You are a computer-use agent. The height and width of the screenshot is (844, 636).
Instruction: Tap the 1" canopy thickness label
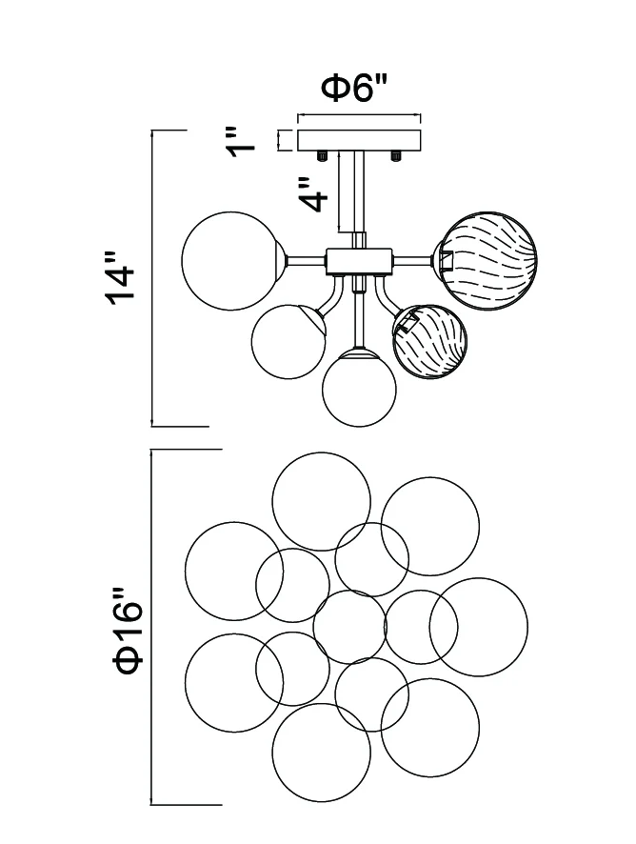coord(241,142)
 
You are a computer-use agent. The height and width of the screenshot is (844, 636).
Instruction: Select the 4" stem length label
coord(312,193)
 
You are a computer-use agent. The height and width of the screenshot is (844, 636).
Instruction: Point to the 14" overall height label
coord(121,278)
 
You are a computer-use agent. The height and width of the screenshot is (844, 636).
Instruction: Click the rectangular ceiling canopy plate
coord(360,140)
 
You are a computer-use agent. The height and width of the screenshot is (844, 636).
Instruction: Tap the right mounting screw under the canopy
coord(397,155)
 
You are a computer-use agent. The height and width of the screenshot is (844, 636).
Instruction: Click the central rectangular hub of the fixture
coord(360,262)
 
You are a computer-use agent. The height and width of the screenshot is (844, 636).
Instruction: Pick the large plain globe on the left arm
coord(230,260)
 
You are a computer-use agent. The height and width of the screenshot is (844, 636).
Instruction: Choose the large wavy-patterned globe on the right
coord(489,260)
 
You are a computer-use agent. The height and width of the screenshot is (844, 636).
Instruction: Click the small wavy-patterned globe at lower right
coord(430,342)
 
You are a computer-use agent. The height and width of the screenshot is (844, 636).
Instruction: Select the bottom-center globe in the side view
coord(360,388)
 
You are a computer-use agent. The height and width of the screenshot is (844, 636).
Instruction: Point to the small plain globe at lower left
coord(288,341)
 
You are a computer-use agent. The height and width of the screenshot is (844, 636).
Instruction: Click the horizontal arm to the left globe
coord(307,262)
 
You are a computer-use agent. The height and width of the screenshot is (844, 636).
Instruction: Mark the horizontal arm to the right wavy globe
coord(412,262)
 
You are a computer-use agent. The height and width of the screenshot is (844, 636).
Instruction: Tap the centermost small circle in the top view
coord(349,627)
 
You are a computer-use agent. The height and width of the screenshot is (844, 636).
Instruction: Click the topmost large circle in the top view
coord(321,501)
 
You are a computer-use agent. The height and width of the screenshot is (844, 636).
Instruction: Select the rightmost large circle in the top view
coord(479,627)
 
